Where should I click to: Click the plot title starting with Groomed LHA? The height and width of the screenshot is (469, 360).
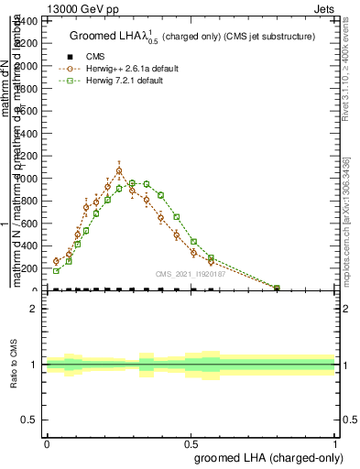[x=191, y=37]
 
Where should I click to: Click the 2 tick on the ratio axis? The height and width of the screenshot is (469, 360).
[x=34, y=309]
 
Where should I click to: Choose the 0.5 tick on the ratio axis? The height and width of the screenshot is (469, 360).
[x=30, y=420]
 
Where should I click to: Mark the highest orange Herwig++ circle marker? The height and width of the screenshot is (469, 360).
[x=119, y=170]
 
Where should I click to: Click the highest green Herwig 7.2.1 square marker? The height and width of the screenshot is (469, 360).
[x=133, y=183]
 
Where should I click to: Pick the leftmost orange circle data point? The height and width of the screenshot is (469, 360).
[x=56, y=261]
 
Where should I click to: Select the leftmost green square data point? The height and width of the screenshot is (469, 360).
[x=56, y=271]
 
